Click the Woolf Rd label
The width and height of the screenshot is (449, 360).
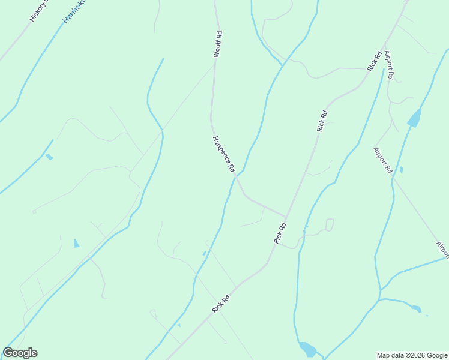click(x=218, y=44)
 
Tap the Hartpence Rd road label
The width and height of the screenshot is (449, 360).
click(x=223, y=155)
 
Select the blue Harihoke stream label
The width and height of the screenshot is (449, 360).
click(x=74, y=11)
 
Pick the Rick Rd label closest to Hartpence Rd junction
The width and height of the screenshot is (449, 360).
click(x=280, y=233)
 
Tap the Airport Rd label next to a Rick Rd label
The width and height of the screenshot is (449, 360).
click(x=390, y=65)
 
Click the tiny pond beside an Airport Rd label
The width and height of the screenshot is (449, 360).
click(x=401, y=170)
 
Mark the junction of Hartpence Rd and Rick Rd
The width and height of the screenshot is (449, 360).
click(x=286, y=217)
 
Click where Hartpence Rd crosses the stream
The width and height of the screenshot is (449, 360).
click(x=236, y=176)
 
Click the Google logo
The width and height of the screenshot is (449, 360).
click(x=20, y=353)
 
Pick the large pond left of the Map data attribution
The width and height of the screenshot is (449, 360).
click(x=307, y=349)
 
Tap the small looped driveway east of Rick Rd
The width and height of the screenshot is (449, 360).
click(x=329, y=224)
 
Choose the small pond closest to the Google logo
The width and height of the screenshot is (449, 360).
click(x=76, y=243)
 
